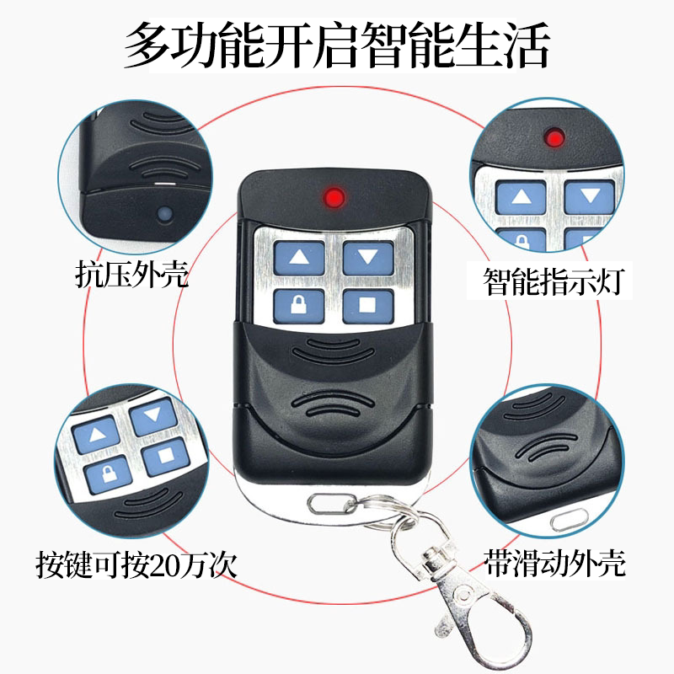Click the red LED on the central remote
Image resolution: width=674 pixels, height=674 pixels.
coord(334,197)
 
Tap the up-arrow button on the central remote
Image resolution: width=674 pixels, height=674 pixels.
coord(299,258)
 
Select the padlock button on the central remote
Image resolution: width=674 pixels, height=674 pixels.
coord(299,306)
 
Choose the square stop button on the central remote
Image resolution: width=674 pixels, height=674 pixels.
coord(368,306)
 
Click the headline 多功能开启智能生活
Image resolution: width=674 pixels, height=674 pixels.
coord(337,45)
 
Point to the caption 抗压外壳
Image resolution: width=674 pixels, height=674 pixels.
coord(131,274)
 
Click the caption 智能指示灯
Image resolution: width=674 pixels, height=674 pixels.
coord(554,281)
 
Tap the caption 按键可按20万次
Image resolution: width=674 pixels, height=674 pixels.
coord(136,564)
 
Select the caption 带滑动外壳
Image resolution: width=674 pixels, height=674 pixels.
coord(554,563)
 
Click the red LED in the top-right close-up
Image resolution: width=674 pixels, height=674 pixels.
coord(554,138)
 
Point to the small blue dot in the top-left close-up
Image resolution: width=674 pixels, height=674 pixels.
coord(164,214)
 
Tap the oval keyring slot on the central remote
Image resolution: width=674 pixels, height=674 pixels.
coord(332,503)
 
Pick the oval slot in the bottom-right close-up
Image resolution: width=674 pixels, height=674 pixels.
coord(569,520)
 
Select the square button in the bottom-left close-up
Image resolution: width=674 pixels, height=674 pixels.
coord(166,456)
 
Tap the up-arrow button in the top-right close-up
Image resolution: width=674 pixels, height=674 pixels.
coord(521,197)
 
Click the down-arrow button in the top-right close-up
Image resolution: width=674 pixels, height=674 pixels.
coord(589,196)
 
